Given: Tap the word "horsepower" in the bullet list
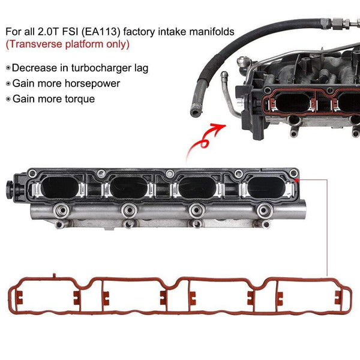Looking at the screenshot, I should [x=95, y=83].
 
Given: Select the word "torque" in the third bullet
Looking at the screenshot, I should [x=80, y=98].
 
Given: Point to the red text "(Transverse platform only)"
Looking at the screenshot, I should [x=67, y=44].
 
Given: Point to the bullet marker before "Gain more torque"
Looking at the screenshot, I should [x=7, y=99].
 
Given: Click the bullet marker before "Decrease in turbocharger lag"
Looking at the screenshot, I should [x=7, y=69].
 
